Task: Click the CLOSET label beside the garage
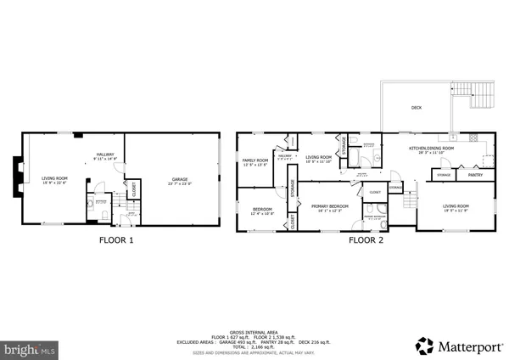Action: point(131,192)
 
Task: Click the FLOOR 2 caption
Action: point(366,240)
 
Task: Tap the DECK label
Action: point(417,108)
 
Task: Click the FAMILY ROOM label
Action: point(255,161)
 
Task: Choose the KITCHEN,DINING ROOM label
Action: point(431,149)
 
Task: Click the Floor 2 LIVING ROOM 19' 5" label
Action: point(456,207)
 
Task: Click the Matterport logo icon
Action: point(422,346)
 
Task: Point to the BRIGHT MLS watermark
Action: point(30,348)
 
